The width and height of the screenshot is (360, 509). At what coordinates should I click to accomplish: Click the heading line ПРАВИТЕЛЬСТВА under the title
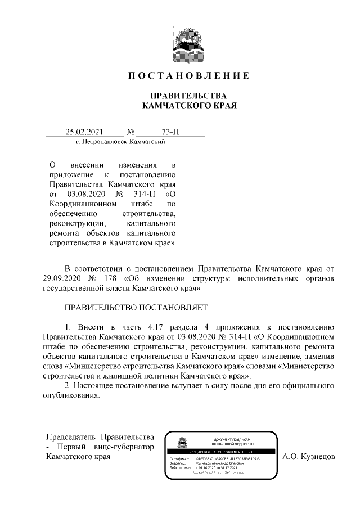coord(188,96)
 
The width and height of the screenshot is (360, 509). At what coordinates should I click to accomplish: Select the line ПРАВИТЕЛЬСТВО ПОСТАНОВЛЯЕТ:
coord(137,308)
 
